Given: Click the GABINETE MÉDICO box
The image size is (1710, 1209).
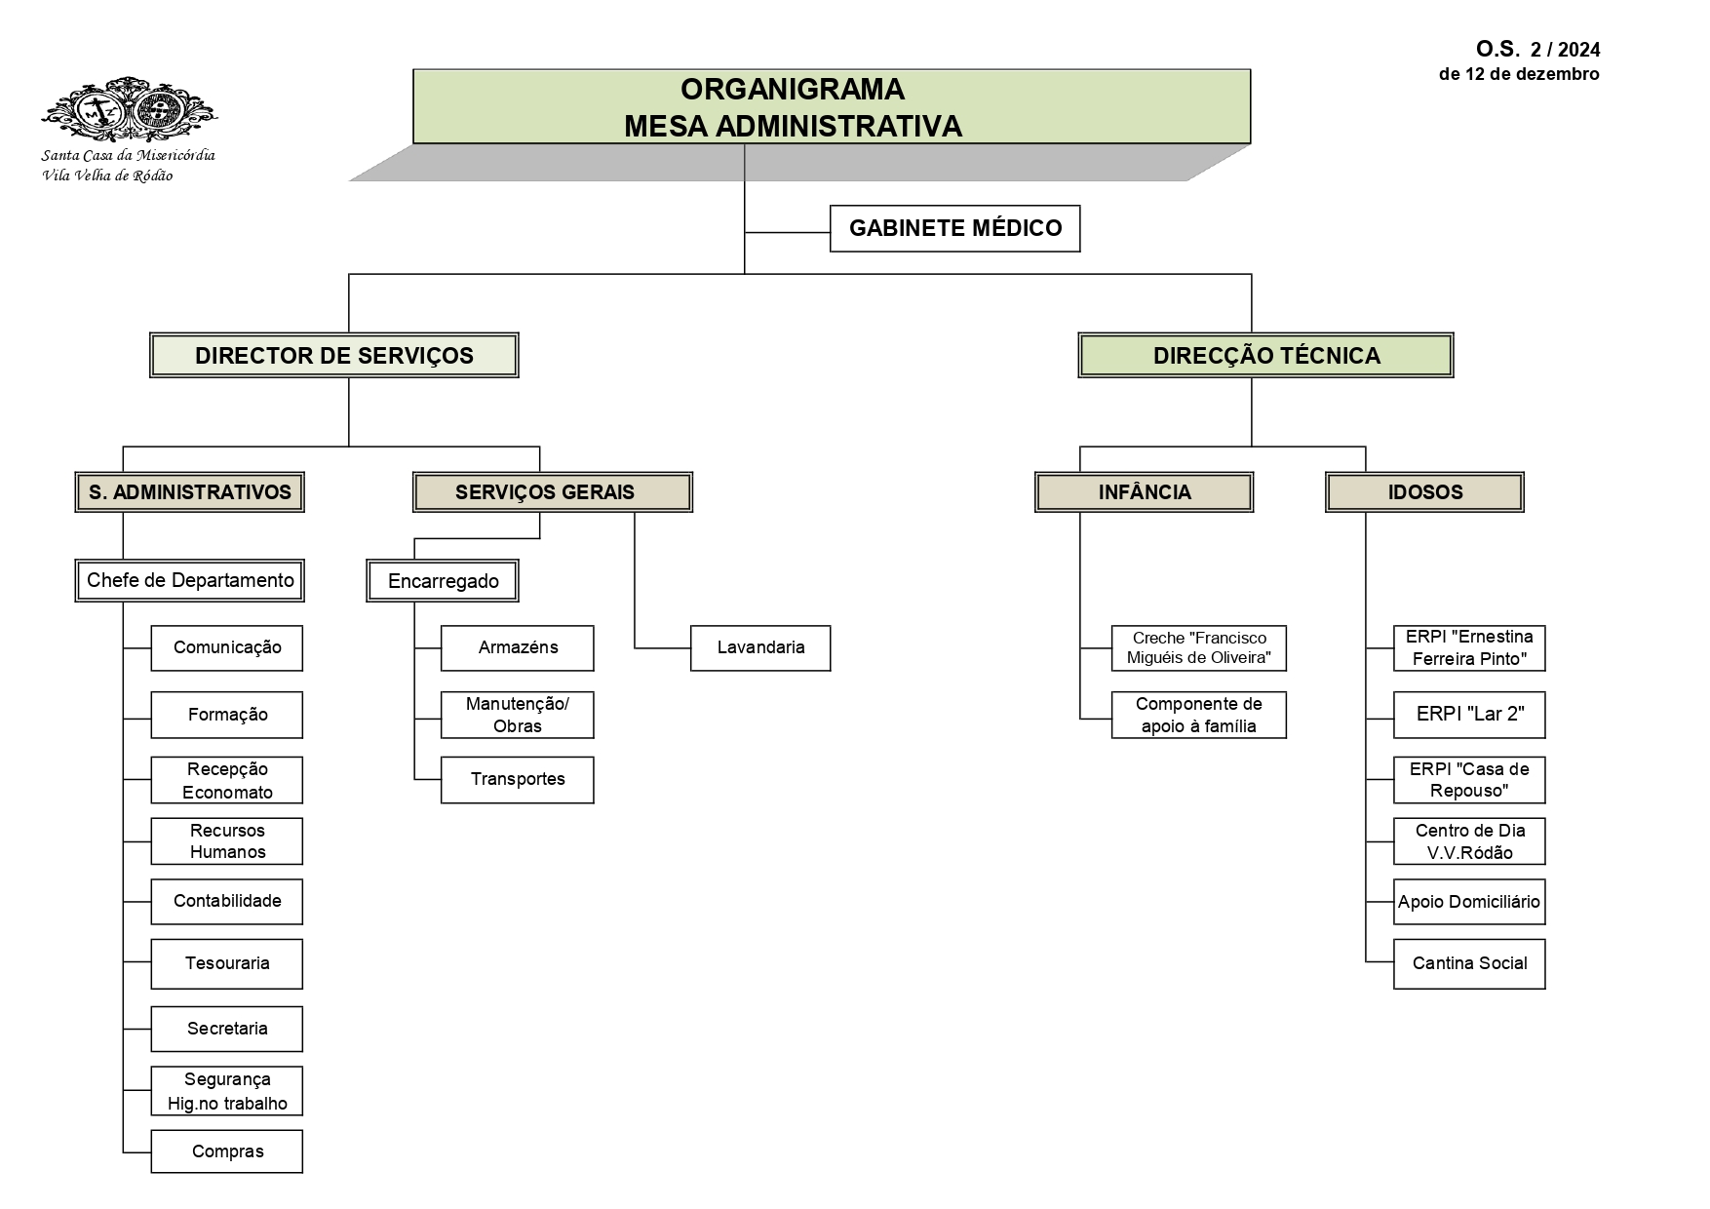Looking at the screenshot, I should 954,228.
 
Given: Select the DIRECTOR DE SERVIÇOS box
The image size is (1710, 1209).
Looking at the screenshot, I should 333,355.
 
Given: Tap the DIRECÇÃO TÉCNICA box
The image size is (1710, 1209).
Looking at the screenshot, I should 1265,355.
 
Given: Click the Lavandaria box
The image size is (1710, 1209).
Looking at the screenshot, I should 760,647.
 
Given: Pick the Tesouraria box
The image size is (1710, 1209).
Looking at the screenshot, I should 226,963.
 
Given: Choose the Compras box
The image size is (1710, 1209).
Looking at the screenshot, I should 226,1151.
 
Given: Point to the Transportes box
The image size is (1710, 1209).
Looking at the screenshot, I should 517,779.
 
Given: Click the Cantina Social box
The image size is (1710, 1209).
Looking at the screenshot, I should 1468,963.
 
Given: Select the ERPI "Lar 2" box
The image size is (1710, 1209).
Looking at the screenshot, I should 1468,714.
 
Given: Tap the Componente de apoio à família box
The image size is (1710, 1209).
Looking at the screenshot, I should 1198,715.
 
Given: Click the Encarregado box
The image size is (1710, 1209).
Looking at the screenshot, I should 443,581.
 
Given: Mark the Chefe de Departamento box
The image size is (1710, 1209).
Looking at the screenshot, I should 190,580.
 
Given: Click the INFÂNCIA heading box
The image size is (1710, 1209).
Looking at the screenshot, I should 1144,492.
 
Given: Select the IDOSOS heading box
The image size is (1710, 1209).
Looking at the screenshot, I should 1424,492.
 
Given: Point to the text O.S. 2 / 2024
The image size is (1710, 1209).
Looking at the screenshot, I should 1537,50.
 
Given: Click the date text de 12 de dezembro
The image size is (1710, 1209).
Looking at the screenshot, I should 1518,74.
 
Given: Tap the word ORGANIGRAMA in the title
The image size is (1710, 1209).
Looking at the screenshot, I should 792,89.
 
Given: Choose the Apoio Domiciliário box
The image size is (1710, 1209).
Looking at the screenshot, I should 1468,902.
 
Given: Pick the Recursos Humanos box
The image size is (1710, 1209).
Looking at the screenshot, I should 226,841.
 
